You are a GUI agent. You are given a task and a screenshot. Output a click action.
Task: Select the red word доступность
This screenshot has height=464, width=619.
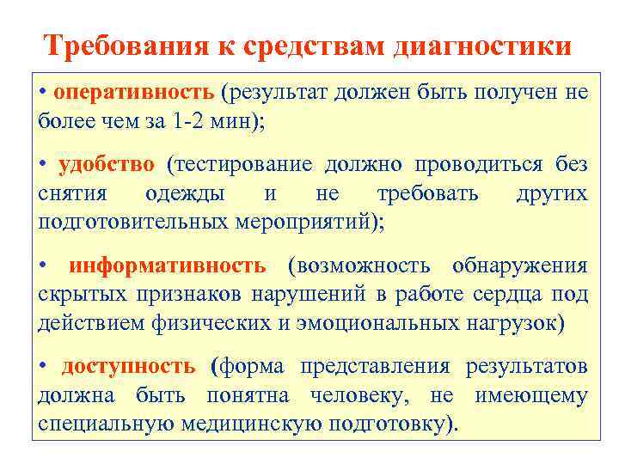coord(128,367)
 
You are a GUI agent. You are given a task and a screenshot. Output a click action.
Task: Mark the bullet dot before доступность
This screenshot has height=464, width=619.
coord(44,367)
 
